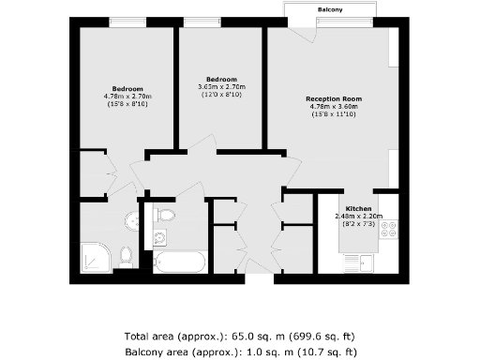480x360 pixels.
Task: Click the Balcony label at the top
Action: point(329,9)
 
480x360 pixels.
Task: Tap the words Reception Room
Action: point(334,97)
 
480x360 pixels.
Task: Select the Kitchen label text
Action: point(359,208)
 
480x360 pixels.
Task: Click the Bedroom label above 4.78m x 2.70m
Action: point(127,87)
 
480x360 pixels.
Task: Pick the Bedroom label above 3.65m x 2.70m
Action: point(221,79)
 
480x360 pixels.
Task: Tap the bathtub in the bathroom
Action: point(179,261)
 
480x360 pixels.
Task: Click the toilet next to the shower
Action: point(126,255)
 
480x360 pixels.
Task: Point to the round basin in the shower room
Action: point(131,221)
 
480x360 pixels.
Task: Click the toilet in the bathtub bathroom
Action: point(166,217)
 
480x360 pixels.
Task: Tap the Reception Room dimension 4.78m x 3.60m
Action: point(334,106)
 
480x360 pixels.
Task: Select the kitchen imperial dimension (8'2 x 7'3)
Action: point(359,225)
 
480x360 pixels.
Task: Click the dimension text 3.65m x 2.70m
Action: point(221,87)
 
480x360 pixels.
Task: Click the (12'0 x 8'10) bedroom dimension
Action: point(221,96)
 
